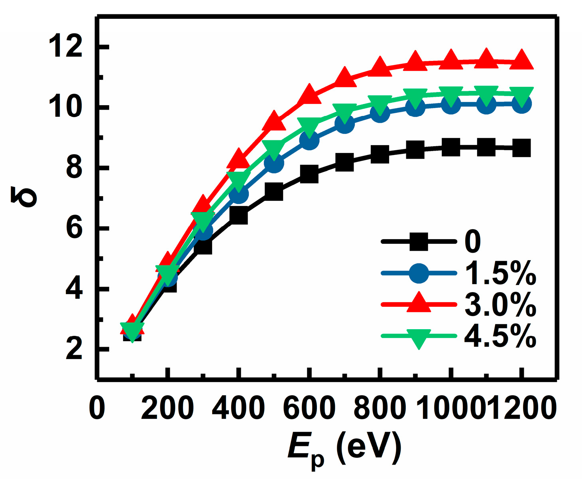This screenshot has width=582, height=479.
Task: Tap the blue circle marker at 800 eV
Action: pos(380,113)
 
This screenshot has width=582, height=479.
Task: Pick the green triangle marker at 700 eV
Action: pos(344,112)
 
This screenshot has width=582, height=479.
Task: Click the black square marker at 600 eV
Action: pos(309,175)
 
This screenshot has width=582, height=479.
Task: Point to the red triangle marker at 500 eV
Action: pos(274,121)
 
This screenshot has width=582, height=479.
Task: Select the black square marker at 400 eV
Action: pos(238,216)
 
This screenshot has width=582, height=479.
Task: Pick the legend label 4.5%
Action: pos(500,337)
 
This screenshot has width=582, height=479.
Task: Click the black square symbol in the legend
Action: pos(419,241)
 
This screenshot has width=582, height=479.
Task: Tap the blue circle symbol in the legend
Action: pos(419,273)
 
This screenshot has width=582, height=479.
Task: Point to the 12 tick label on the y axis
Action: pos(65,47)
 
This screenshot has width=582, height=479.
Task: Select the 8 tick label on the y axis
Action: pos(74,168)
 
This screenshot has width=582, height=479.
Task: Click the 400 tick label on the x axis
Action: pos(238,408)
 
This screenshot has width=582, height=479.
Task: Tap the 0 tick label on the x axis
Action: pos(97,408)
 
